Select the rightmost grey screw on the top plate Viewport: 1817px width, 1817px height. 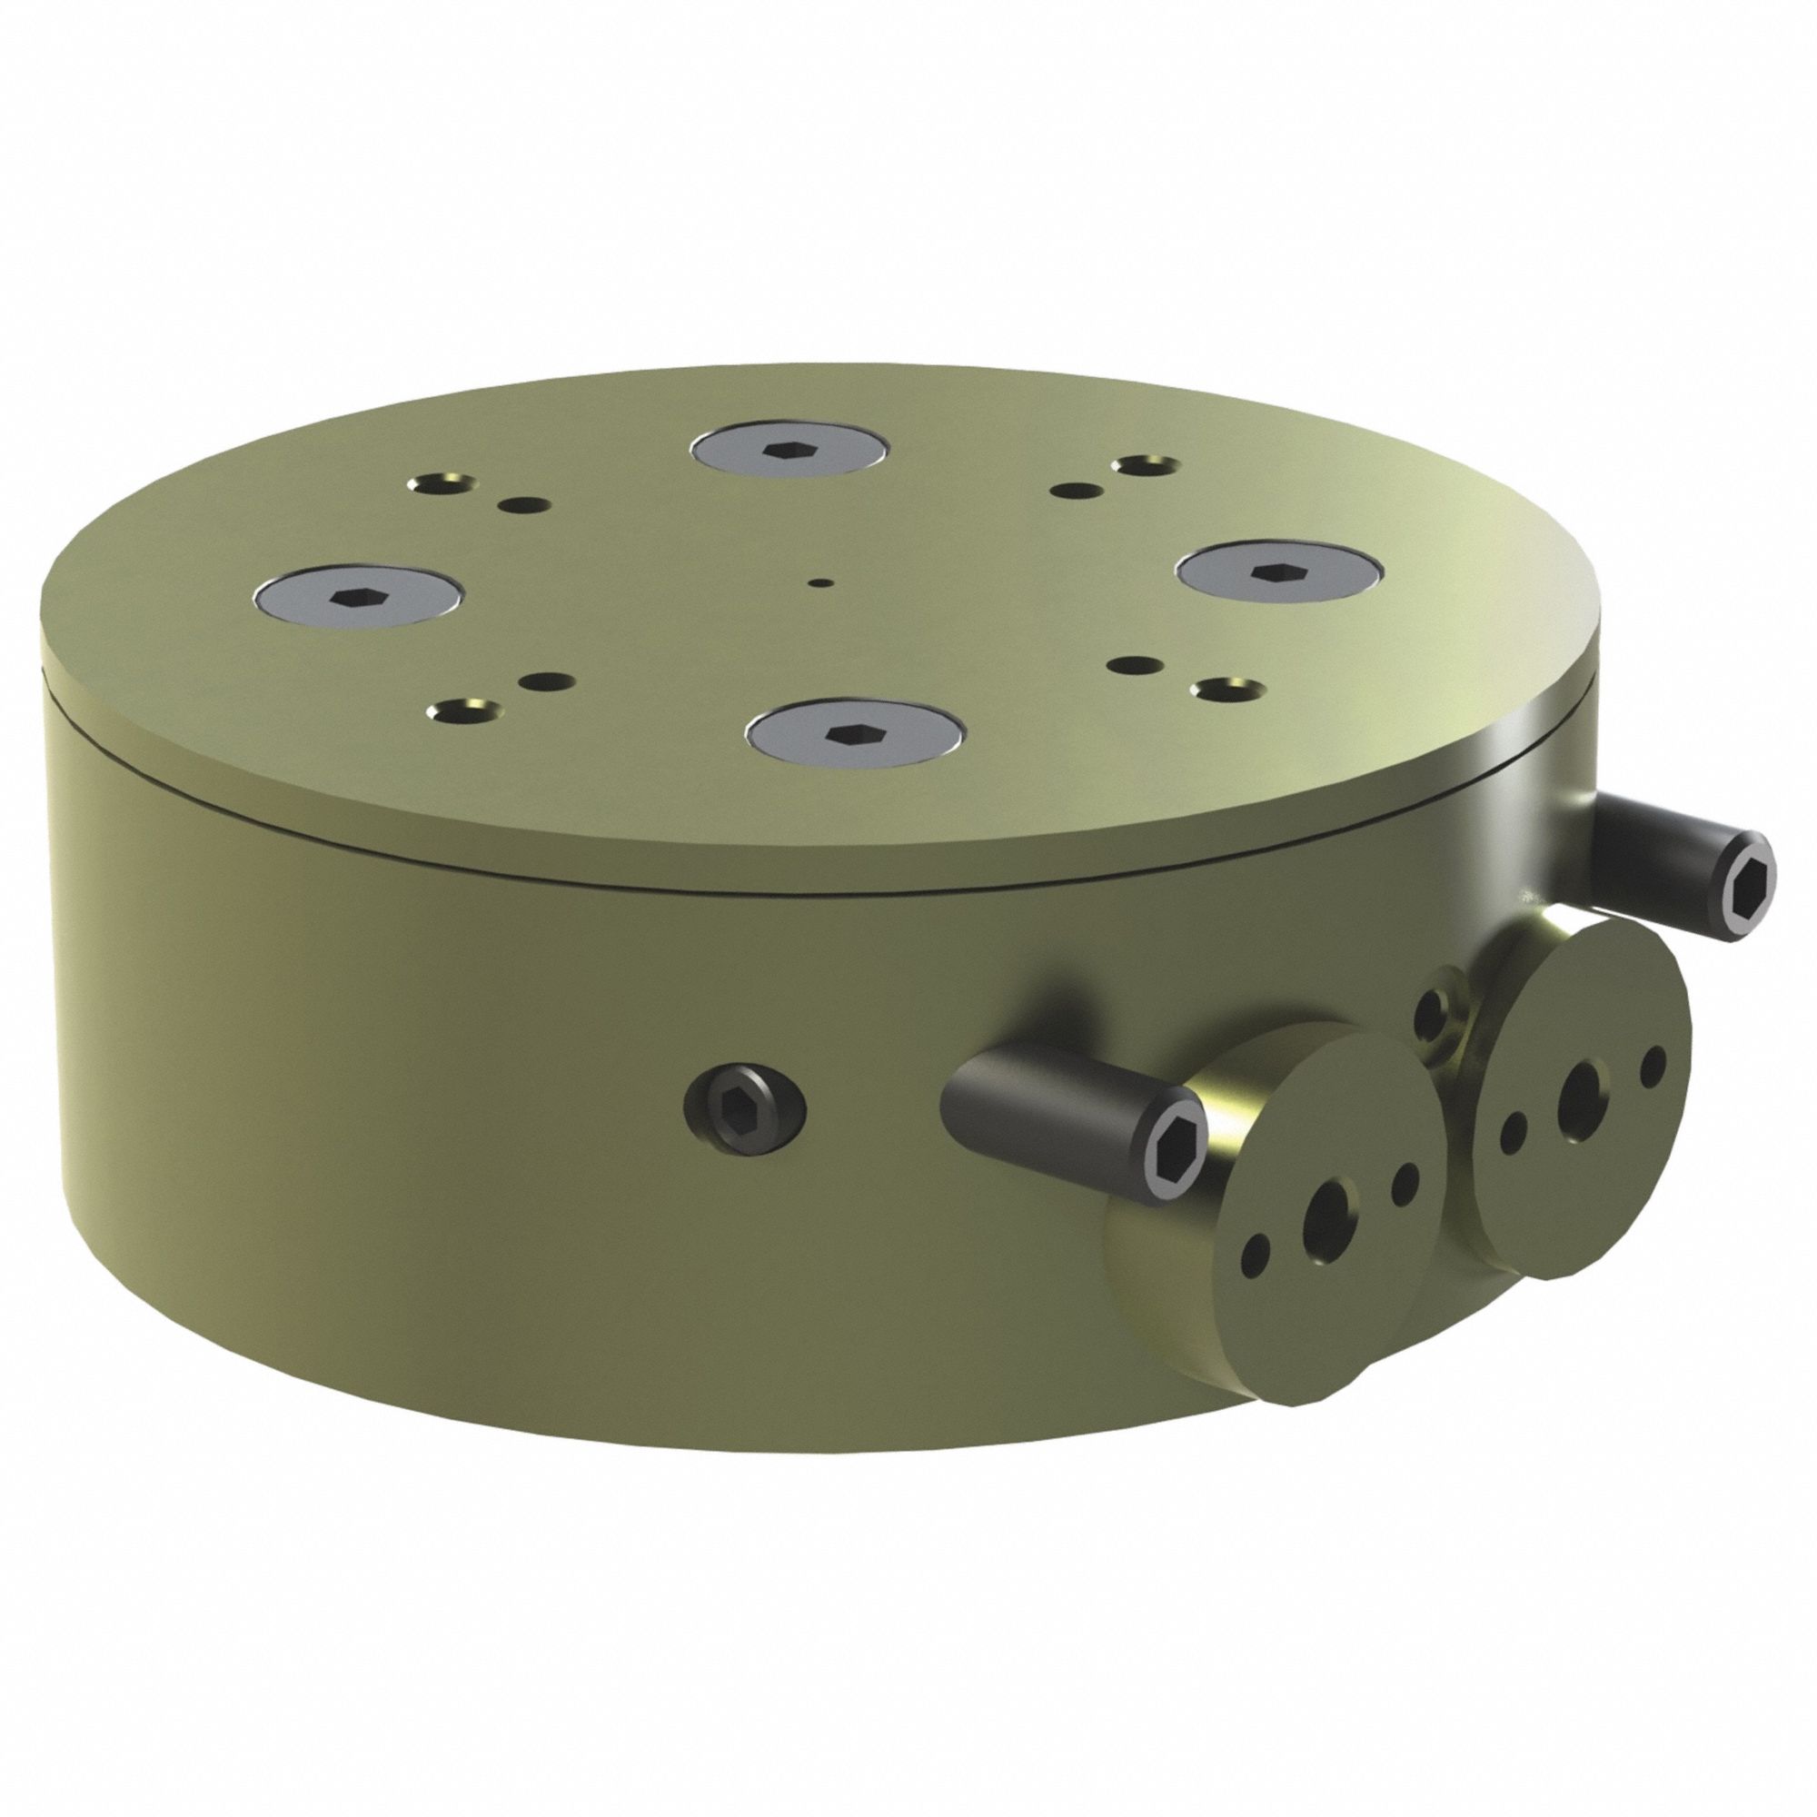click(1278, 570)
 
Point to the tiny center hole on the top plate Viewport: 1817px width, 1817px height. click(824, 583)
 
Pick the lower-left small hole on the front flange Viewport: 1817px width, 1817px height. click(1256, 1254)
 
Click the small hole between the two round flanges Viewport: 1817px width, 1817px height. click(1433, 1014)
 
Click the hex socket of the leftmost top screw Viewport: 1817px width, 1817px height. click(356, 596)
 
